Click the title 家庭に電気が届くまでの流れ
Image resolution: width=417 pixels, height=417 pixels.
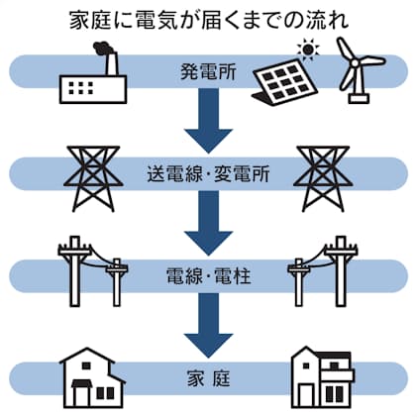(x=209, y=21)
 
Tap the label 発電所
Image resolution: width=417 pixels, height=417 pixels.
(x=208, y=71)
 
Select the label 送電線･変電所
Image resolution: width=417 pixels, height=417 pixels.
(x=208, y=173)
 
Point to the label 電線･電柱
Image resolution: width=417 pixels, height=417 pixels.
(x=208, y=276)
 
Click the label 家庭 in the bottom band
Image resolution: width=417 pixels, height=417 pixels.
(x=208, y=378)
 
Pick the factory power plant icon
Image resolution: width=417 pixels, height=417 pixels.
(x=93, y=72)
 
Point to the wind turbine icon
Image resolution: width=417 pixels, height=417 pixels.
(x=360, y=70)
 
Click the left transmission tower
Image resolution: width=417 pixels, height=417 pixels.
(x=93, y=178)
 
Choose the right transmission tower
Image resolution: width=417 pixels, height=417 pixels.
(x=323, y=178)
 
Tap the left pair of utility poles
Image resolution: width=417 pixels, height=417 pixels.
(x=93, y=271)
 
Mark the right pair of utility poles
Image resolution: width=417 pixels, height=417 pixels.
(x=323, y=271)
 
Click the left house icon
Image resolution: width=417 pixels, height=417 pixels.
(x=93, y=377)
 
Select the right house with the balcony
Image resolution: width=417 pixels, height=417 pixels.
(x=323, y=377)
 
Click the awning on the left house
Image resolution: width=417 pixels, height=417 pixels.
(x=82, y=382)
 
